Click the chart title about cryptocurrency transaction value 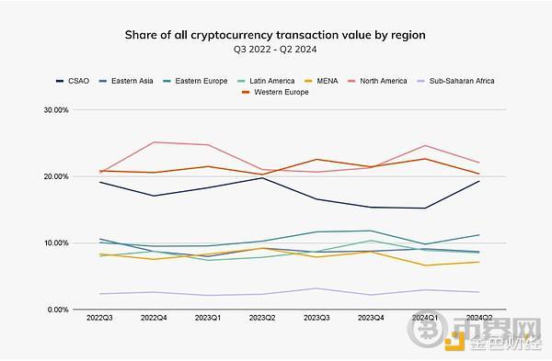tap(275, 35)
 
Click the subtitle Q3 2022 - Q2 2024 tap(275, 51)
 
